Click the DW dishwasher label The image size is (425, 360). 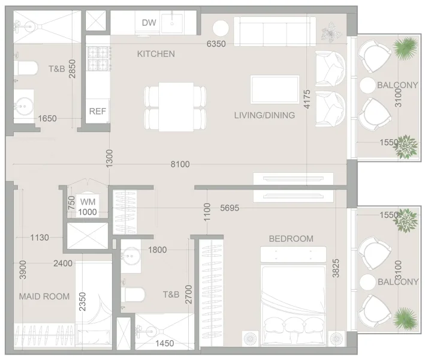tap(149, 23)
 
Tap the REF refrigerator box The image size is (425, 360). tap(97, 111)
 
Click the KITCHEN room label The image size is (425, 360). tap(156, 54)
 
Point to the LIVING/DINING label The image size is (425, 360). tap(264, 115)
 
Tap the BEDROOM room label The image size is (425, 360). tap(291, 239)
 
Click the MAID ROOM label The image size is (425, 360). tap(44, 296)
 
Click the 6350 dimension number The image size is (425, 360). tap(216, 44)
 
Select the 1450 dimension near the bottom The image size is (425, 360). tap(164, 343)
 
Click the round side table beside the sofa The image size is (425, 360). tap(220, 28)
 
